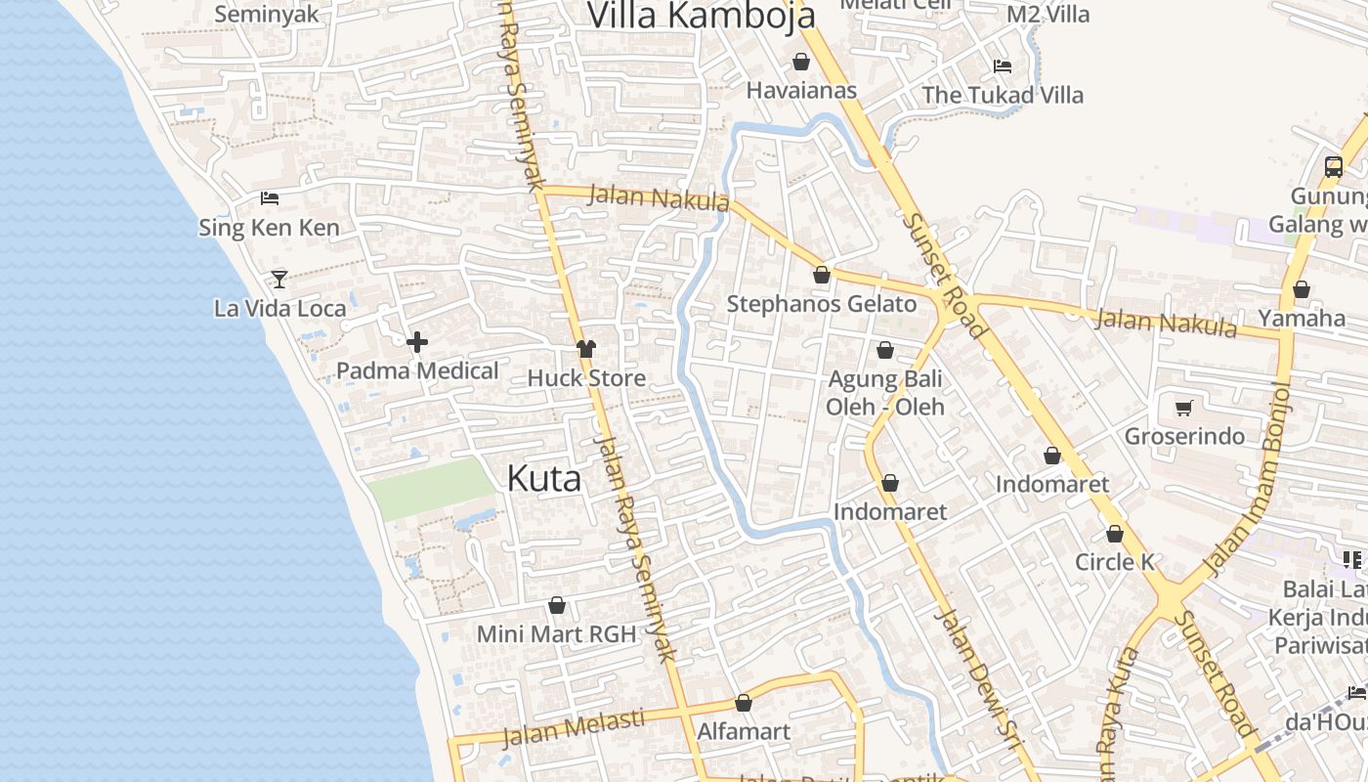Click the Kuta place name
coord(544,478)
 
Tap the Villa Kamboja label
coord(701,15)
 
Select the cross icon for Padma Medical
coord(417,342)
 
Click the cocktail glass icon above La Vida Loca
coord(279,280)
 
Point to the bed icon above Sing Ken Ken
coord(270,198)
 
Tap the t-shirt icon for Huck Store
coord(585,349)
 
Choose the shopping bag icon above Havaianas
coord(801,63)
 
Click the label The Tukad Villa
coord(1003,95)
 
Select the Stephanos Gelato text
coord(821,304)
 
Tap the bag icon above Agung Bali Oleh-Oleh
coord(885,350)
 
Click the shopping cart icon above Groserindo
coord(1184,408)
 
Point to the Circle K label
coord(1114,562)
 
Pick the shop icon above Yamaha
coord(1301,290)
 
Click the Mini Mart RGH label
coord(556,633)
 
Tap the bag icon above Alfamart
coord(744,704)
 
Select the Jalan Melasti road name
coord(574,727)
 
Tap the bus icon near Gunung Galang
coord(1334,166)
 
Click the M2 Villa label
coord(1047,15)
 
